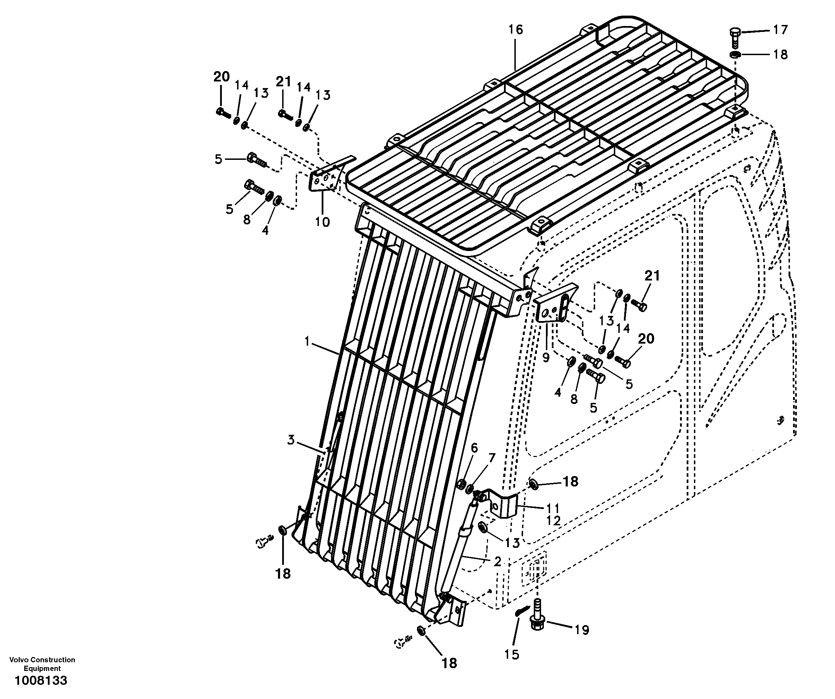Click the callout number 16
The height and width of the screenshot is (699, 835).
coord(515,30)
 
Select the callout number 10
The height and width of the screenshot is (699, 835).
coord(322,222)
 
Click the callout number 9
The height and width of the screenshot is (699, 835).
coord(546,357)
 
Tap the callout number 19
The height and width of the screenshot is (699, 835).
coord(582,630)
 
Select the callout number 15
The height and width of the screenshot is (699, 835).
coord(512,654)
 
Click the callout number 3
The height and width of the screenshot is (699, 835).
coord(291,440)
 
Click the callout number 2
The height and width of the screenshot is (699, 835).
coord(497,561)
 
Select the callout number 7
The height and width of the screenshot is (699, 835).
coord(492,458)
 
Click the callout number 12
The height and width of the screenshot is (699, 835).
coord(553,520)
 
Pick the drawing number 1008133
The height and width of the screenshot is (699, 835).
coord(41,680)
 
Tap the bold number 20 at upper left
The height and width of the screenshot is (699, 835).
coord(221,76)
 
